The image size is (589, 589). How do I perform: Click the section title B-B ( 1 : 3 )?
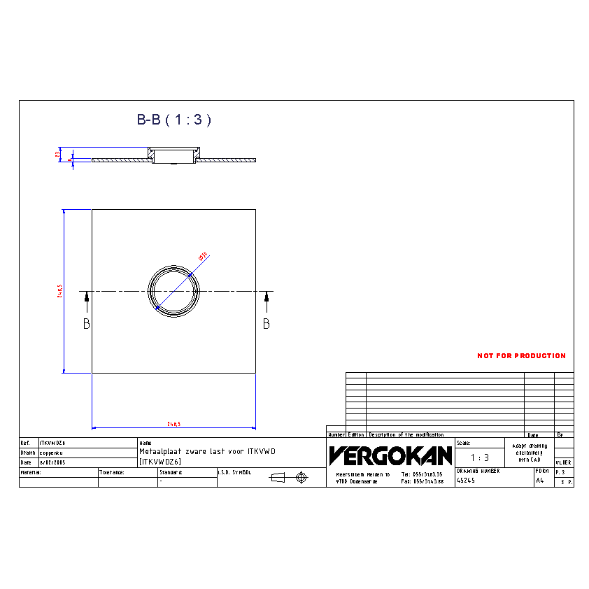coord(173,120)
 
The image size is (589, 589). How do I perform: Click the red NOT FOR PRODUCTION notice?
coord(521,356)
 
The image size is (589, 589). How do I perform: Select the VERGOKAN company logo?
coord(390,456)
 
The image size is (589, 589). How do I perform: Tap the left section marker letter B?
coord(87,324)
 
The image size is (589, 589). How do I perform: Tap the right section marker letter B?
coord(267,324)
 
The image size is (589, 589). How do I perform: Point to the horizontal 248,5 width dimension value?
coord(174,424)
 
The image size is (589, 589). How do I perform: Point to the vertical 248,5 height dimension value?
coord(60,291)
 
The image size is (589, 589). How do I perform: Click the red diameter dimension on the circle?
coord(204,257)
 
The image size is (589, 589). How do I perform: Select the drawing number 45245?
coord(466,481)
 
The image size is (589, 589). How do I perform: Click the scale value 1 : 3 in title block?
coord(479,457)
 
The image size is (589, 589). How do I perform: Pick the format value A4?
coord(539,481)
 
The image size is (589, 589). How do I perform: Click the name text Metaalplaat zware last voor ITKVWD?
coord(208,452)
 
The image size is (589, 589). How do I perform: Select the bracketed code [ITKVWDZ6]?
coord(160,462)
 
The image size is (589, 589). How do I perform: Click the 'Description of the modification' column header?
coord(406,434)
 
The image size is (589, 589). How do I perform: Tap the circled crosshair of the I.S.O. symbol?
coord(301,477)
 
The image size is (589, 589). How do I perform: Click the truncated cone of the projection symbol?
coord(278,477)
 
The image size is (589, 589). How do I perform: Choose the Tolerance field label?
coord(112,472)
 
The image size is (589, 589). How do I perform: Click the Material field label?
coord(31,472)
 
